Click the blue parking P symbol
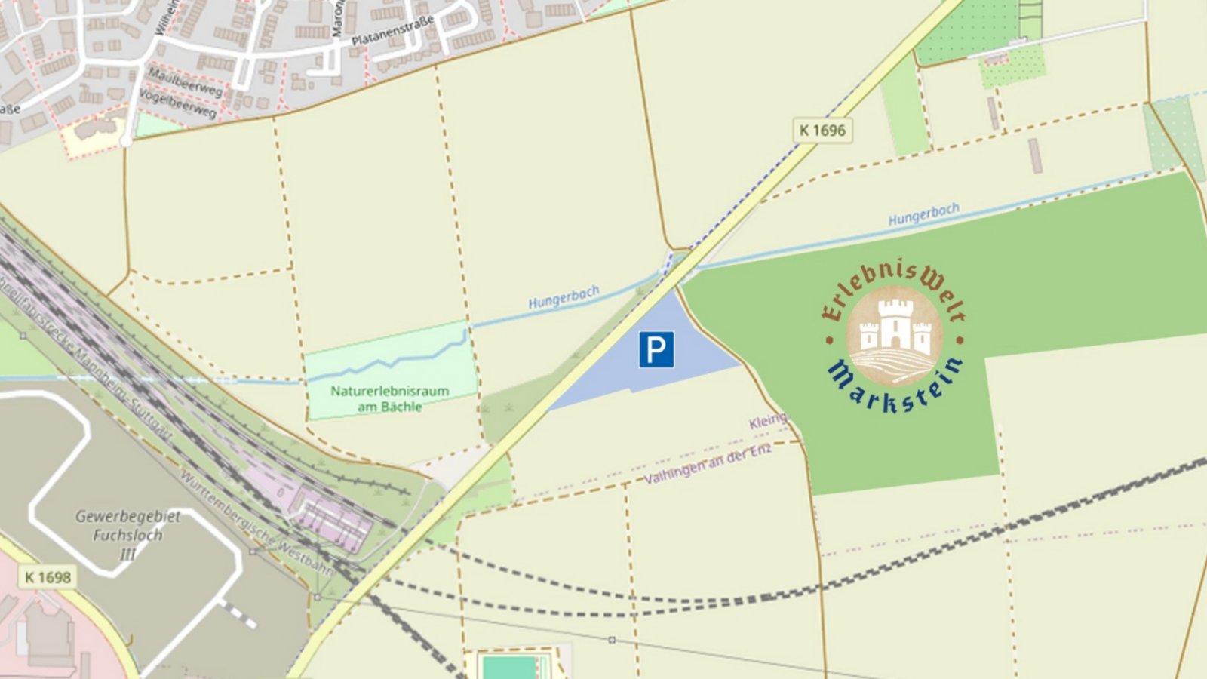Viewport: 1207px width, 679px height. pyautogui.click(x=656, y=350)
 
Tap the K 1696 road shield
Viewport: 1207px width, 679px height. pyautogui.click(x=822, y=130)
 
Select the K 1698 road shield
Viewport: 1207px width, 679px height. pyautogui.click(x=47, y=577)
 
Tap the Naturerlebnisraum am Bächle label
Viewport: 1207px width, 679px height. pyautogui.click(x=389, y=398)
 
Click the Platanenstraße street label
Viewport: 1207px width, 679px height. pyautogui.click(x=392, y=31)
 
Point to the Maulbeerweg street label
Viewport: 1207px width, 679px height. pyautogui.click(x=185, y=82)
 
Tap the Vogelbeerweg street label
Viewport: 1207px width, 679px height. pyautogui.click(x=178, y=102)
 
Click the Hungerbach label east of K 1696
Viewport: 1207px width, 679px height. pyautogui.click(x=923, y=214)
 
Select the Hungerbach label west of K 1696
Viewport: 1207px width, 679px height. pyautogui.click(x=564, y=297)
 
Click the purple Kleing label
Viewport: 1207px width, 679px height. pyautogui.click(x=767, y=421)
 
